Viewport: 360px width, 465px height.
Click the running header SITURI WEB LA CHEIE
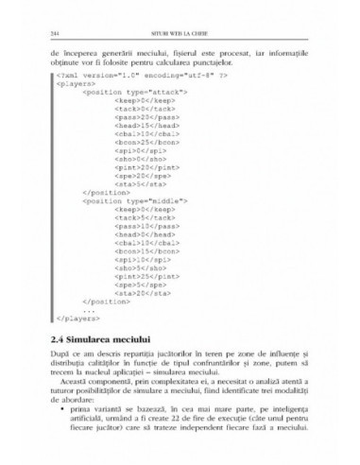point(180,37)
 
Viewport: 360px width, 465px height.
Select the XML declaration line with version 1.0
point(119,74)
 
